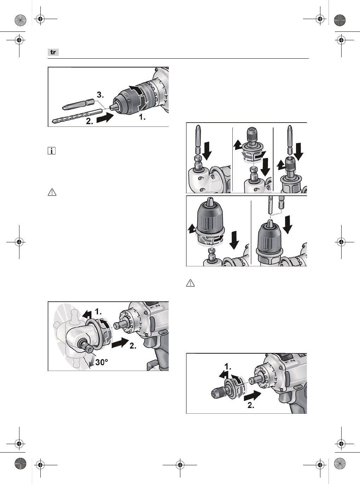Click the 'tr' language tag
(53, 52)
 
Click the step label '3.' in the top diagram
(101, 95)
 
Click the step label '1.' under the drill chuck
(142, 117)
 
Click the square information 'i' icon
(52, 151)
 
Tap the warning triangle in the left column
(52, 193)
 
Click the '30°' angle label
(101, 362)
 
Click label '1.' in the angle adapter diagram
(98, 312)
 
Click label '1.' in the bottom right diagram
(228, 366)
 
